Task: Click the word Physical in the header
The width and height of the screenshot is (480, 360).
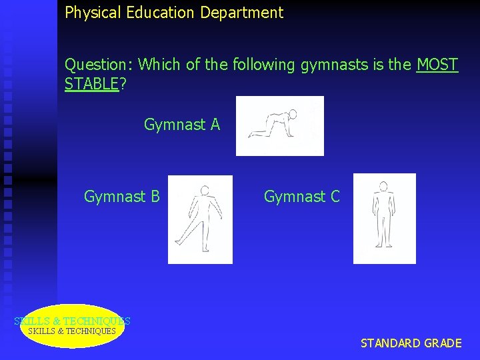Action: coord(90,13)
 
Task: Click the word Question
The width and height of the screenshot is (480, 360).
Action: coord(99,65)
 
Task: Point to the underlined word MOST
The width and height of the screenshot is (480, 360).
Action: coord(437,65)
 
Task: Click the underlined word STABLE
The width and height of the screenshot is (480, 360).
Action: coord(91,85)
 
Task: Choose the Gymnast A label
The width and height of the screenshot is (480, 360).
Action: coord(181,125)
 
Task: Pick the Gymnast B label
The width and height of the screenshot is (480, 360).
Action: coord(121,197)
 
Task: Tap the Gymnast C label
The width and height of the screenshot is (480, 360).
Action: coord(301,197)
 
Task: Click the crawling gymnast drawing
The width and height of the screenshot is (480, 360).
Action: coord(279,126)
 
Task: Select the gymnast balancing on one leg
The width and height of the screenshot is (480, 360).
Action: coord(200,219)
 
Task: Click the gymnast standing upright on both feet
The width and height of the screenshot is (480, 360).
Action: coord(384,218)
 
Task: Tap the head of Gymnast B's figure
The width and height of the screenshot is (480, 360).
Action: coord(205,190)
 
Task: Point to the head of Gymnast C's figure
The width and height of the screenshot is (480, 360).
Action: coord(383,186)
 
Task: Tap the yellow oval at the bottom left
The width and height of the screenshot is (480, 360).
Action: coord(72,326)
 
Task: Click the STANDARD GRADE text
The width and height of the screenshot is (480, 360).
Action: coord(411,343)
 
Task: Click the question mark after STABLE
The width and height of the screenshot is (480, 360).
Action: coord(123,85)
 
